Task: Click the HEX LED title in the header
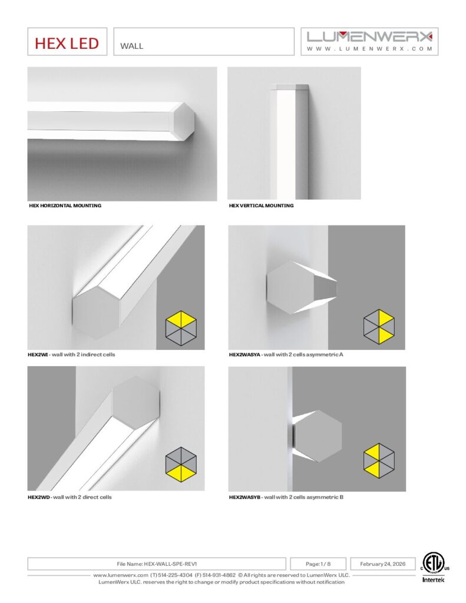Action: pos(67,43)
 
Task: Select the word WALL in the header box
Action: pos(131,46)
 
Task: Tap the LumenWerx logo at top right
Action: pos(369,41)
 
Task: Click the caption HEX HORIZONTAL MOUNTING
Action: pos(65,206)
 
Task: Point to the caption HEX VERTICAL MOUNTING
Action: pos(261,206)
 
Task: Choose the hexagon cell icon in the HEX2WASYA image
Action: pos(379,326)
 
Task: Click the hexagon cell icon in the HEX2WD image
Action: pos(181,463)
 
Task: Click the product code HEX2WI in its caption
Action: pos(38,354)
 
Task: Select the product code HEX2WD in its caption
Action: pos(38,497)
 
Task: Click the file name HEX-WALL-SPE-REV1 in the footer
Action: pos(170,564)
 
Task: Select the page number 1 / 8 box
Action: pos(318,564)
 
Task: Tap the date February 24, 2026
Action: pos(383,564)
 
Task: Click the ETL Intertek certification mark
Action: pos(433,567)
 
